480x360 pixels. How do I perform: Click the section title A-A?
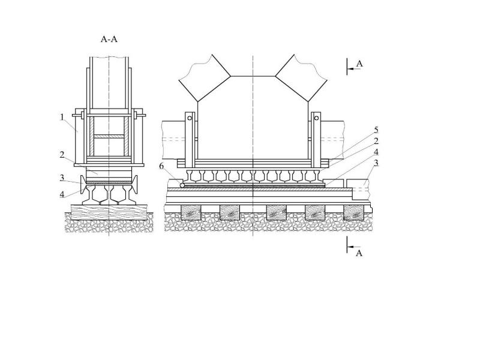coord(109,39)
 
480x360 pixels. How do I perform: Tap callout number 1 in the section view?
coord(62,117)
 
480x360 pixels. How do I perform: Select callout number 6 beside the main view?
coord(161,166)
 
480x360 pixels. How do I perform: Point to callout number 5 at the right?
coord(376,130)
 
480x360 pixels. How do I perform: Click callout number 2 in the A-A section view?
coord(62,155)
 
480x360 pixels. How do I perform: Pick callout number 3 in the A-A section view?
coord(62,178)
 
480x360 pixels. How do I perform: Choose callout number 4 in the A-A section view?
coord(62,194)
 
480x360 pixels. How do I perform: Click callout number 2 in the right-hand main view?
coord(376,141)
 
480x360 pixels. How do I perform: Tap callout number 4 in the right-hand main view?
coord(376,152)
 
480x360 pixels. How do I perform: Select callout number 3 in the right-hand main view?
coord(376,163)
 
